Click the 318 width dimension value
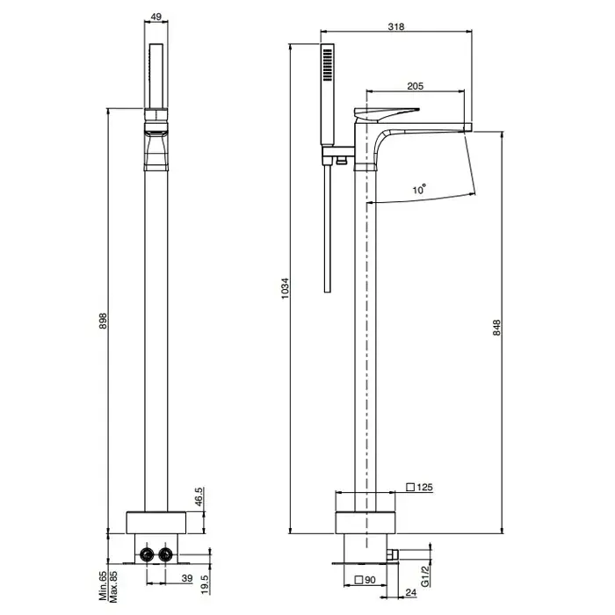395,26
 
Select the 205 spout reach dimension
415,86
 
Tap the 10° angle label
419,189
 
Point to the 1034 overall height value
286,288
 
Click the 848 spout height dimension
496,328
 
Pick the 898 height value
103,321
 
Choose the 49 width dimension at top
156,17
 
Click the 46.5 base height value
199,496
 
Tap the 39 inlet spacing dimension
187,578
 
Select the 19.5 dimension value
206,585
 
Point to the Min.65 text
103,586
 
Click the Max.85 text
113,587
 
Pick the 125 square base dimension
420,487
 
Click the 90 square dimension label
365,580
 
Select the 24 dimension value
410,592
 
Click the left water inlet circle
147,554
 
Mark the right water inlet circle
165,554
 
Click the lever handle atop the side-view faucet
386,114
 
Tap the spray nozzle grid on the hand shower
327,65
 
